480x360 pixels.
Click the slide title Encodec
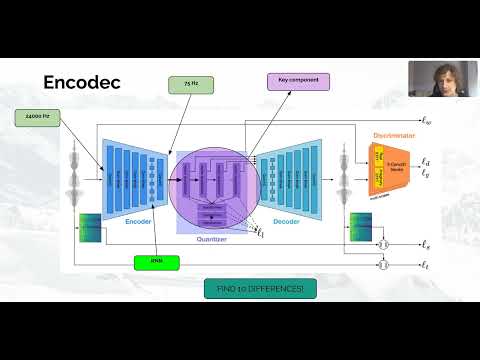point(82,82)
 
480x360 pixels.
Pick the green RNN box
point(156,262)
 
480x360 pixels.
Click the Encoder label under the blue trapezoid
point(138,222)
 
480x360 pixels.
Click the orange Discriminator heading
point(394,134)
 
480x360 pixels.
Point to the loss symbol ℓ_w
point(426,121)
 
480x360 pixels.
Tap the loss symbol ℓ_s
point(426,244)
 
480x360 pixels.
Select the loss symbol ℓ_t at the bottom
point(426,268)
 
